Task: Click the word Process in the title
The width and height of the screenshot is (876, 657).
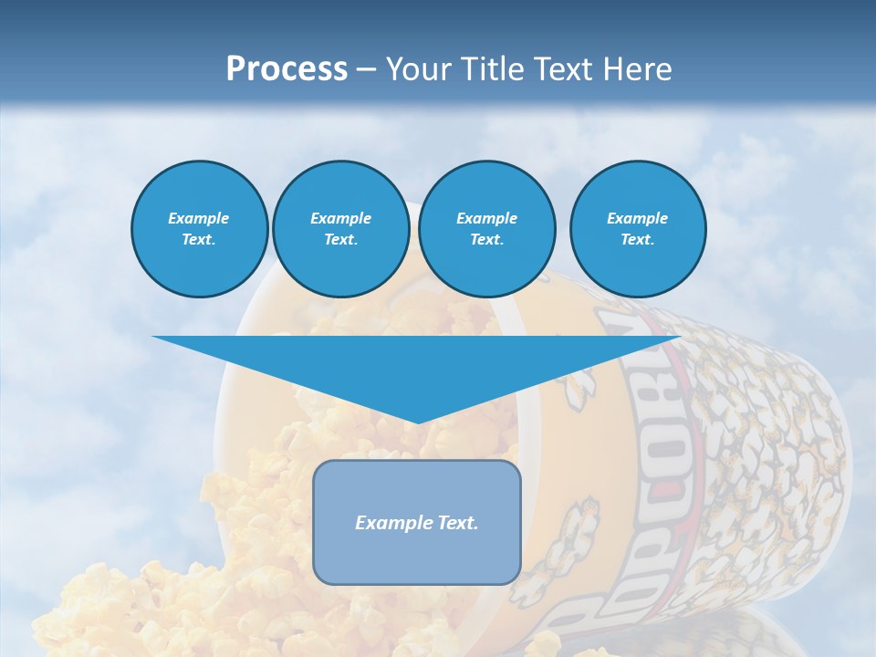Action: click(287, 69)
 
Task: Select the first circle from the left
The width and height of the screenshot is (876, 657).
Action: click(199, 229)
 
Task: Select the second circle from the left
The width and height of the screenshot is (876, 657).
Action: click(340, 229)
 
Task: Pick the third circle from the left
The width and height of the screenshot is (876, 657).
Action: click(486, 229)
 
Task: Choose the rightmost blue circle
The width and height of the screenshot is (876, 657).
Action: click(637, 229)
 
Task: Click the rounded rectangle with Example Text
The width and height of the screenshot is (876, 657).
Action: click(416, 522)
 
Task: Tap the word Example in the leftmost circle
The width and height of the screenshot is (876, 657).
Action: click(199, 218)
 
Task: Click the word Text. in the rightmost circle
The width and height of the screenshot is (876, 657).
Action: click(637, 240)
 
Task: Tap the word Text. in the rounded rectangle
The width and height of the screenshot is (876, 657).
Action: click(456, 523)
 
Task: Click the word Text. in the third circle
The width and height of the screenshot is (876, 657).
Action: click(486, 240)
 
